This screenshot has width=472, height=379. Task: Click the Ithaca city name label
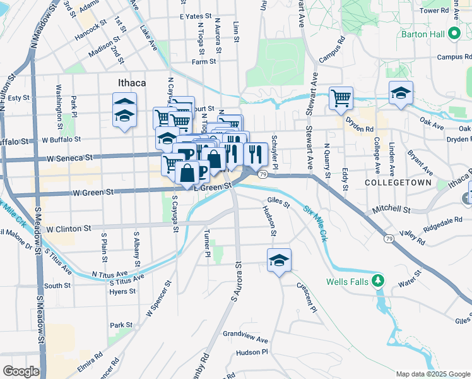[x=132, y=83]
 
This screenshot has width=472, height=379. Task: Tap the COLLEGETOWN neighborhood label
[x=398, y=183]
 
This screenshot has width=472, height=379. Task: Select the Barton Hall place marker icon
[x=453, y=34]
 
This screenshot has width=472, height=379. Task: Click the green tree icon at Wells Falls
[x=377, y=280]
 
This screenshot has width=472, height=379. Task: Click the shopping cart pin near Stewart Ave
[x=341, y=98]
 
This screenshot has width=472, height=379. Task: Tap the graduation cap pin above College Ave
[x=400, y=93]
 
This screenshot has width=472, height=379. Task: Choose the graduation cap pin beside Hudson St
[x=278, y=260]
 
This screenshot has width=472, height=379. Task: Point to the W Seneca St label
[x=68, y=156]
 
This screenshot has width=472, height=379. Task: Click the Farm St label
[x=204, y=62]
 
